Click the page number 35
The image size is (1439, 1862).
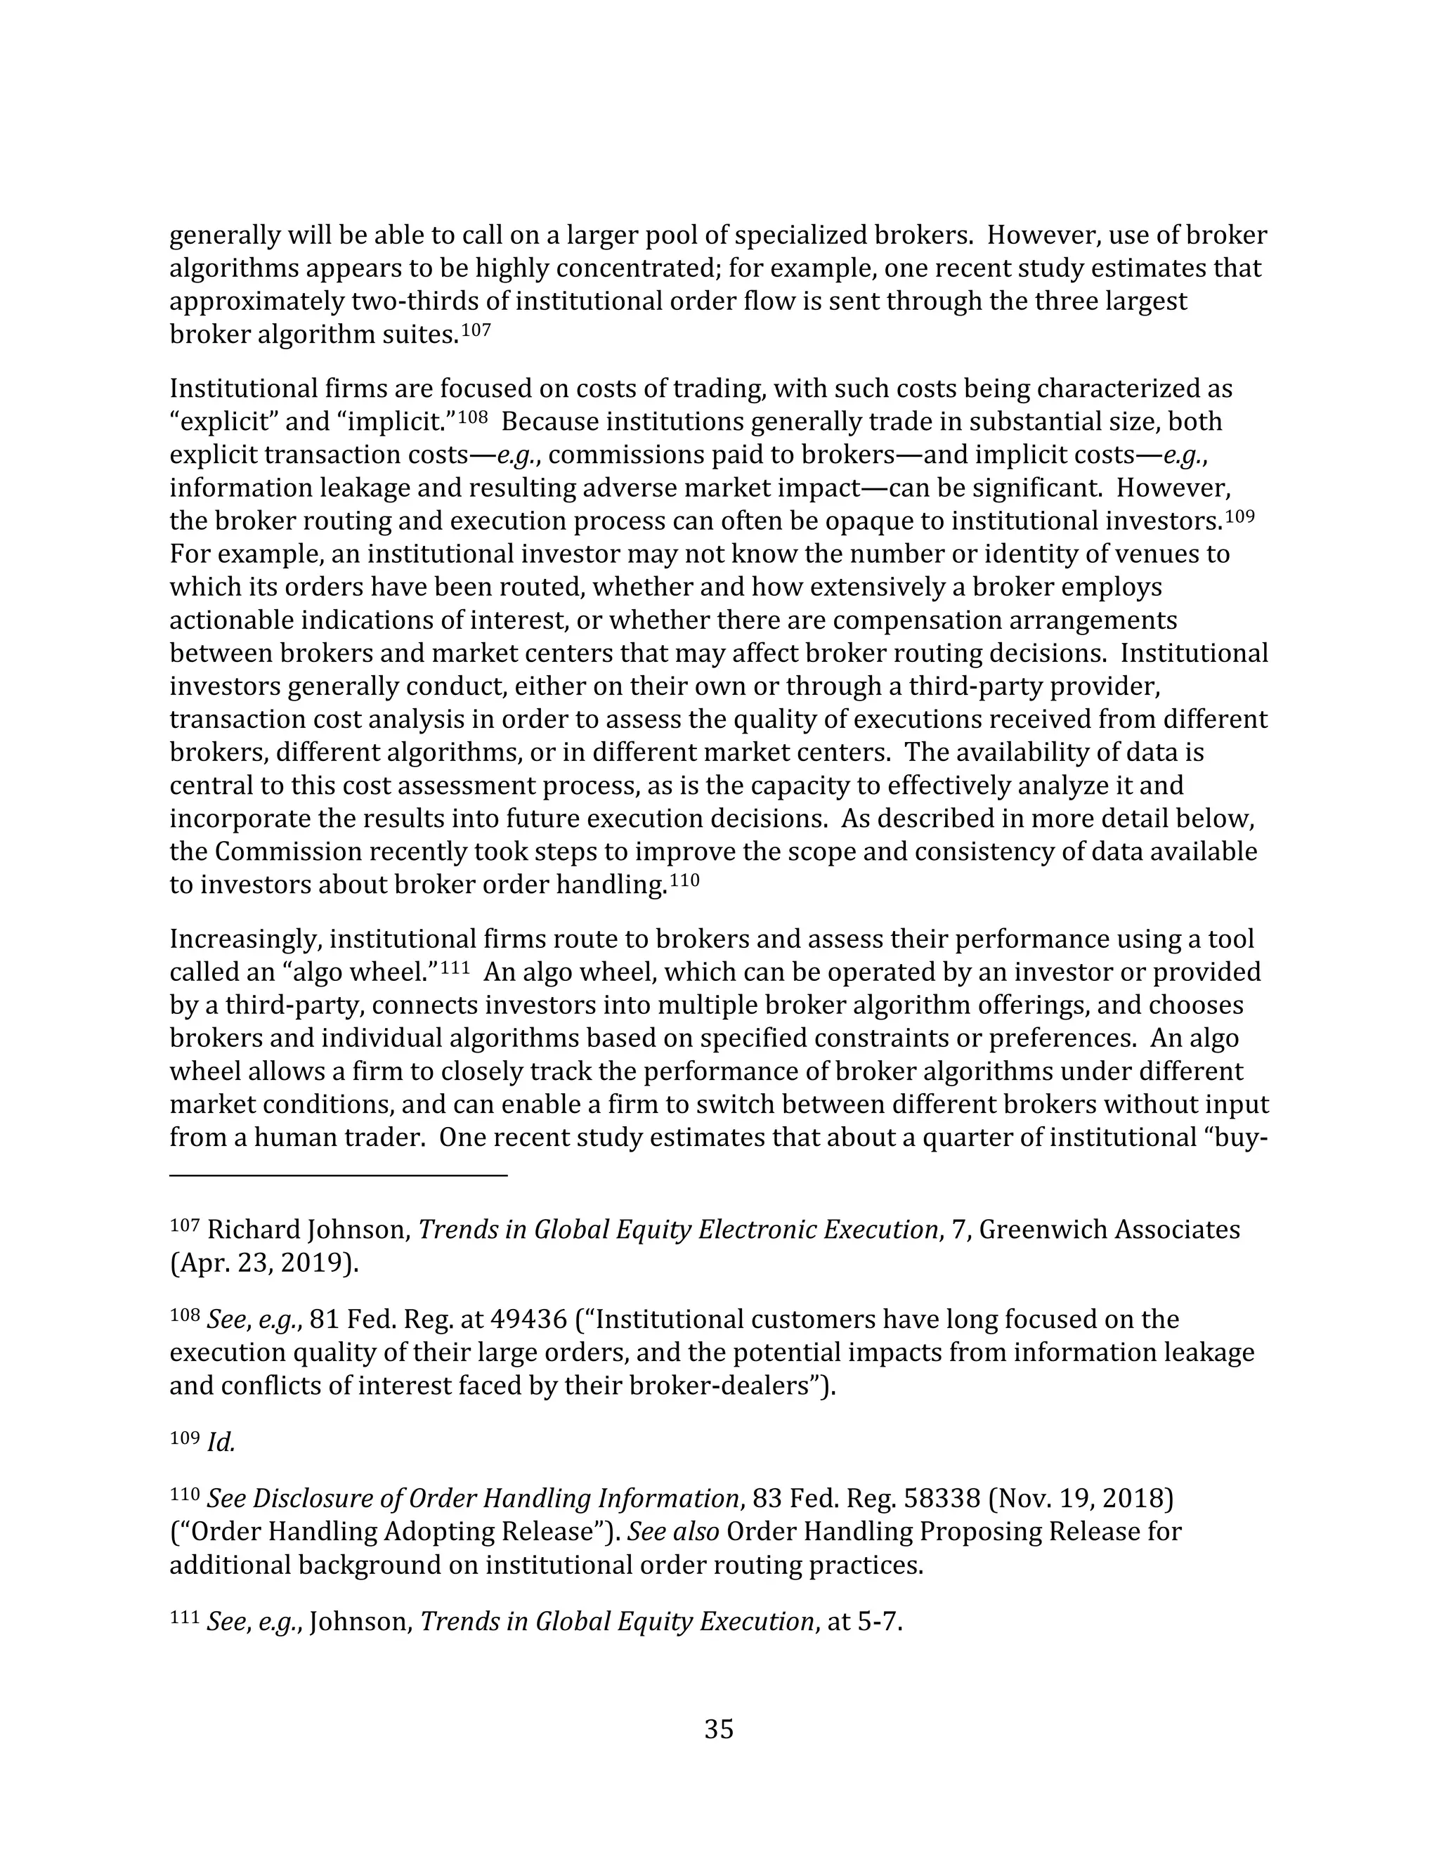(719, 1730)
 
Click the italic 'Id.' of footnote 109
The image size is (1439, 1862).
(221, 1443)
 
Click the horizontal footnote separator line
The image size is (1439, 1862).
(339, 1176)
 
